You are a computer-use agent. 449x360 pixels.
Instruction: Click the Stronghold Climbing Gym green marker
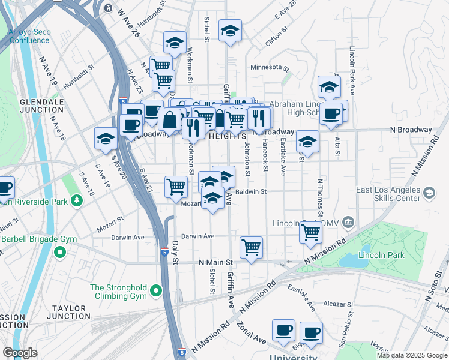click(156, 292)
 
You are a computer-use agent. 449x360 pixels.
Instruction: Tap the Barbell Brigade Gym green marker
click(59, 251)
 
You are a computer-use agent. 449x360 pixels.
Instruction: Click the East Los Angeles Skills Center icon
click(429, 193)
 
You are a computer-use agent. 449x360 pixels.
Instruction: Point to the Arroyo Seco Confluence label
click(29, 36)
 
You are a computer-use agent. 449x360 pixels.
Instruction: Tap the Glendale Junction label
click(42, 106)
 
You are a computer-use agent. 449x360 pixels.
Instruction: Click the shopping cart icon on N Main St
click(251, 246)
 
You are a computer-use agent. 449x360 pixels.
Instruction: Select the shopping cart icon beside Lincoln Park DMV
click(310, 231)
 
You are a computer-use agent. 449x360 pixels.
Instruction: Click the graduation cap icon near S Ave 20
click(106, 138)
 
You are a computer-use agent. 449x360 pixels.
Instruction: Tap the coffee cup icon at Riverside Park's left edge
click(4, 188)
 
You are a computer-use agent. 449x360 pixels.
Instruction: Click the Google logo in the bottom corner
click(20, 352)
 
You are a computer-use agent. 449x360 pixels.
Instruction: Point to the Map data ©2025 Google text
click(412, 355)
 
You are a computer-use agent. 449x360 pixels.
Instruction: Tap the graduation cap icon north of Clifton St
click(230, 31)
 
